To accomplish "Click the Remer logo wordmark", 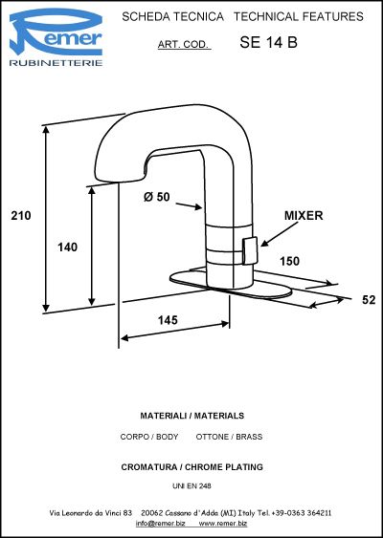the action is tap(56, 32).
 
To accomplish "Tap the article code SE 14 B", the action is tap(268, 42).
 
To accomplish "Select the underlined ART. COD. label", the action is tap(184, 45).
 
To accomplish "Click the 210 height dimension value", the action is tap(21, 216).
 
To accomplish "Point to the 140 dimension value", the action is tap(67, 247).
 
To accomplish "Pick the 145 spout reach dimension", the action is tap(168, 320).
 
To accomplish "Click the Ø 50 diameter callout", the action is tap(156, 197).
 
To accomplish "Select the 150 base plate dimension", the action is tap(289, 261).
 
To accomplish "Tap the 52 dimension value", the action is tap(369, 300).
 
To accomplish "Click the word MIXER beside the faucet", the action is tap(304, 215).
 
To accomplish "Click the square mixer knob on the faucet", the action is tap(250, 250).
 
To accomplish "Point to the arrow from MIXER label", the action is tap(280, 234).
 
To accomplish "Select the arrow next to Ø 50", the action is tap(189, 205).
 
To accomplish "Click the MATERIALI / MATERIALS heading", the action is tap(192, 416).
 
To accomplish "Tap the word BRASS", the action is tap(249, 437).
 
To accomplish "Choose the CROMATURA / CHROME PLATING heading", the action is tap(191, 467).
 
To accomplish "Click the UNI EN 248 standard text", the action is tap(191, 485).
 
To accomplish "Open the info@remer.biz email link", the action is tap(161, 524).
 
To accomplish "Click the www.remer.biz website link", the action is tap(223, 524).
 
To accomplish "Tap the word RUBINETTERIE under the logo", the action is tap(56, 63).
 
